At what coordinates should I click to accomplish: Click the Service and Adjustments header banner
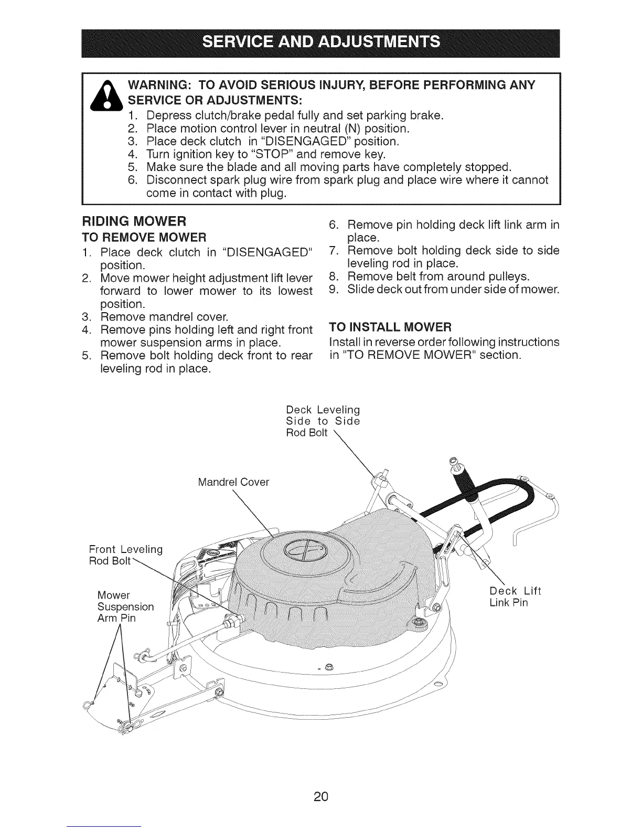point(321,41)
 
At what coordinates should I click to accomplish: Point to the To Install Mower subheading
point(390,327)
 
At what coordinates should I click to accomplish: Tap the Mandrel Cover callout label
point(233,482)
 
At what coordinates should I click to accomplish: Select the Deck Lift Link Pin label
point(515,596)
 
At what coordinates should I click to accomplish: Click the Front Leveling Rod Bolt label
point(126,556)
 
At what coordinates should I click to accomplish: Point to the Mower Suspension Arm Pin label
point(125,606)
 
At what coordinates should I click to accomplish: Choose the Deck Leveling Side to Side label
point(323,421)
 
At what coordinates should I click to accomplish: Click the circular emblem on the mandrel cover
point(305,552)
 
